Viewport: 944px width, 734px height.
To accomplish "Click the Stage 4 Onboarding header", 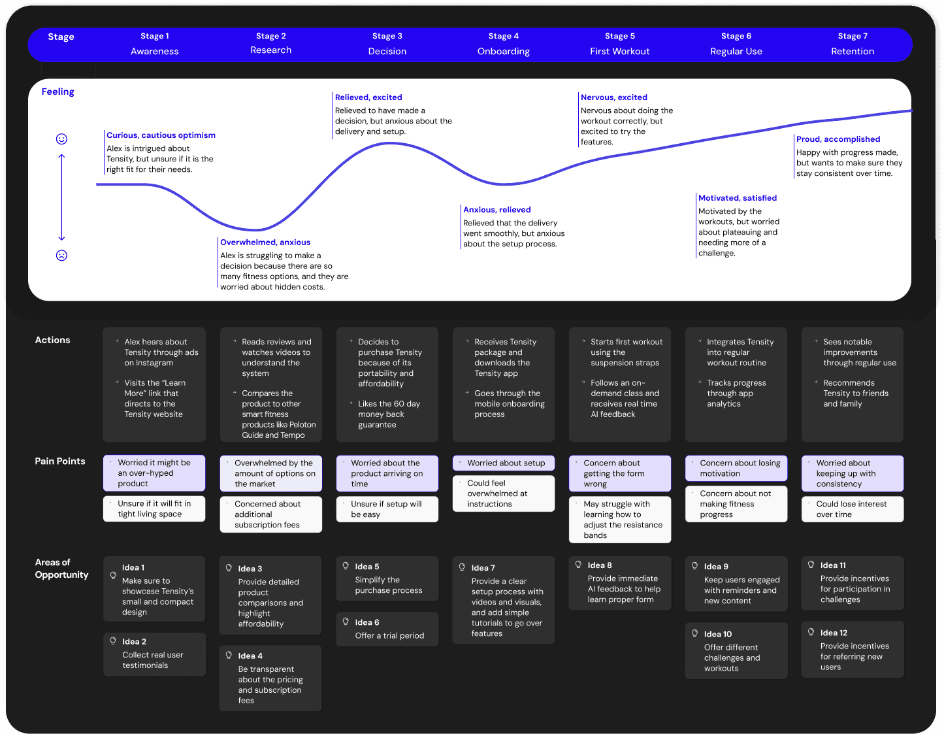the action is (503, 44).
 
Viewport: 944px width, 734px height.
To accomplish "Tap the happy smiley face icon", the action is (61, 139).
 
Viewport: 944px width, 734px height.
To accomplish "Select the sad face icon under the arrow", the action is (61, 256).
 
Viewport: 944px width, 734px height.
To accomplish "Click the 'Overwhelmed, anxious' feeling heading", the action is (265, 242).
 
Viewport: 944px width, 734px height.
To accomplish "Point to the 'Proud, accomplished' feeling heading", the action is (838, 139).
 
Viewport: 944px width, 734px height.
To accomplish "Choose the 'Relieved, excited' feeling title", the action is (368, 97).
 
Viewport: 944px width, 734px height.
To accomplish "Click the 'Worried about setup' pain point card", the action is (504, 463).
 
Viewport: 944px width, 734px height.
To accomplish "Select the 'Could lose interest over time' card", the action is (852, 509).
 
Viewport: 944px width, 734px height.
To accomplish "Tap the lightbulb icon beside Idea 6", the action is (346, 622).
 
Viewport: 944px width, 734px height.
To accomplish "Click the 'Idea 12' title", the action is (834, 633).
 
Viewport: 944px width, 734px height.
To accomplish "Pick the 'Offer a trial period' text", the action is (389, 635).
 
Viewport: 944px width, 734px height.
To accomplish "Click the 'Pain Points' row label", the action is (60, 461).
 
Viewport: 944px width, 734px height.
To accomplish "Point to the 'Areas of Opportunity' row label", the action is (61, 569).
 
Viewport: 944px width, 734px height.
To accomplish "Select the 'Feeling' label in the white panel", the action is (57, 92).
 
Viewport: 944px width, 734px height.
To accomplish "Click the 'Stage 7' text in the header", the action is (853, 36).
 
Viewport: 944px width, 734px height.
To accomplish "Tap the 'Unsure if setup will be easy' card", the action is (387, 509).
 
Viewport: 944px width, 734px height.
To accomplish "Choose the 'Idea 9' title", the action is (716, 567).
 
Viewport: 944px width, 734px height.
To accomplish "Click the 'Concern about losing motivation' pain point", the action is (736, 468).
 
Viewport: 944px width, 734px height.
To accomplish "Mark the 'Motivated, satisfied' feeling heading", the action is (738, 198).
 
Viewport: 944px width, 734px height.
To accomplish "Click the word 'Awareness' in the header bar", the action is (155, 51).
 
